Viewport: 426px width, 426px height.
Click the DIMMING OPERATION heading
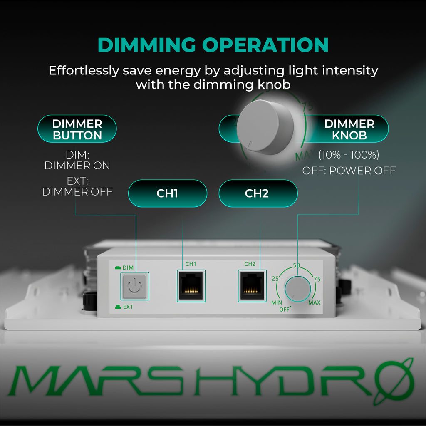tap(213, 45)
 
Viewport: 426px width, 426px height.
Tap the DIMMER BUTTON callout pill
tap(77, 129)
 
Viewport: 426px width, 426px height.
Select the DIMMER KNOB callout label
tap(349, 129)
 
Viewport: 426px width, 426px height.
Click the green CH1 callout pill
tap(167, 193)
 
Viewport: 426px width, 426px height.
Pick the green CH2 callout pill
tap(258, 193)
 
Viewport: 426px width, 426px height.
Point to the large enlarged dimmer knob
tap(265, 127)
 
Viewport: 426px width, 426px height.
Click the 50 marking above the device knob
tap(297, 265)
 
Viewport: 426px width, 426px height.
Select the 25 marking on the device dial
tap(275, 278)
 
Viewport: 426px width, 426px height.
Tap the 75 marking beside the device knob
tap(317, 279)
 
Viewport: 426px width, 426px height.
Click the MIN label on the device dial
tap(277, 302)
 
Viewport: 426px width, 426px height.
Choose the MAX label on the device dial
tap(315, 302)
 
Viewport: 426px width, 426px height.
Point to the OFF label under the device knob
tap(284, 310)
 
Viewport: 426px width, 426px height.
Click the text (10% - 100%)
tap(349, 155)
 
